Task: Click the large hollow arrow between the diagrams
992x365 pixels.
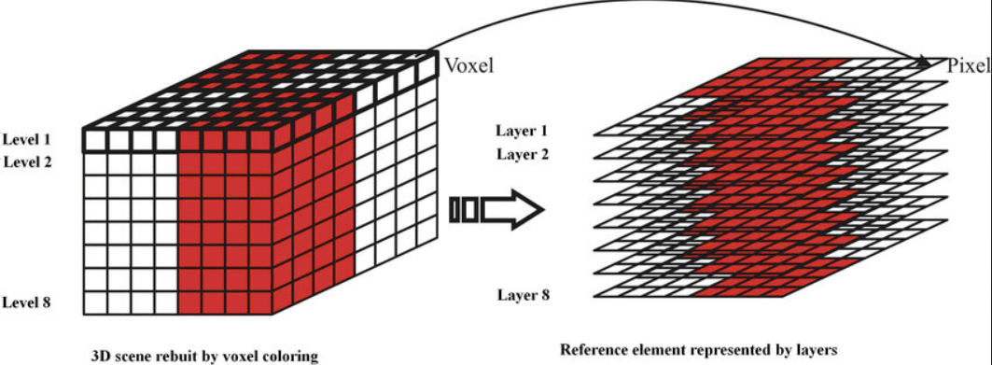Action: (x=512, y=211)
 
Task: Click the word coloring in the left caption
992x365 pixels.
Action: (x=287, y=356)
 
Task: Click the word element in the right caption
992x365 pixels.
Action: (x=654, y=351)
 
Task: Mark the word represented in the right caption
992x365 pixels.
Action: (x=728, y=351)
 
